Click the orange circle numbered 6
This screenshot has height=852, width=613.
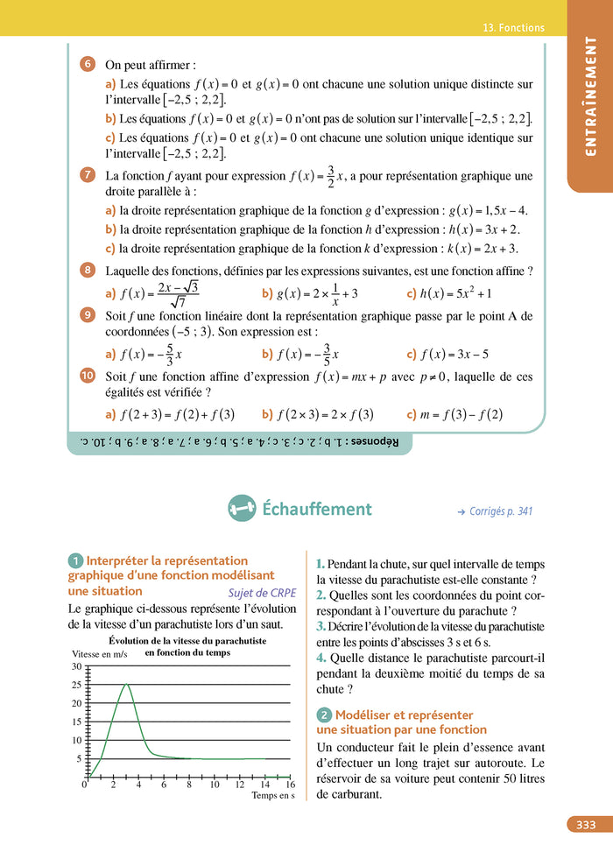coord(88,64)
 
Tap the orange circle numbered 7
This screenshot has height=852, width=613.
coord(88,175)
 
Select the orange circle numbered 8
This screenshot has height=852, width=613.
coord(88,270)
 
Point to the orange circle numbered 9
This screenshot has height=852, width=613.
coord(88,315)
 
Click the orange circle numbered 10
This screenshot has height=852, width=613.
coord(88,376)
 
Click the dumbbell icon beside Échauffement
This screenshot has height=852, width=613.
coord(242,508)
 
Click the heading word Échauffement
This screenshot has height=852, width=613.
coord(317,509)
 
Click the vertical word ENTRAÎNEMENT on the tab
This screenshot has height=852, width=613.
coord(590,96)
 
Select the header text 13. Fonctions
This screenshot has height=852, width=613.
coord(513,28)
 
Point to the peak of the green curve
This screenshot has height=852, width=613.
coord(128,684)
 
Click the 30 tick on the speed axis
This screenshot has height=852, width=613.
coord(76,666)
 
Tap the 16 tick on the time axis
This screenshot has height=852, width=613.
coord(290,785)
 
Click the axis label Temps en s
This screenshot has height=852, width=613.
coord(273,796)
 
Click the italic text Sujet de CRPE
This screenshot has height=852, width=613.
coord(263,592)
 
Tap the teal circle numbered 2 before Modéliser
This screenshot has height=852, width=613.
coord(323,715)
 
